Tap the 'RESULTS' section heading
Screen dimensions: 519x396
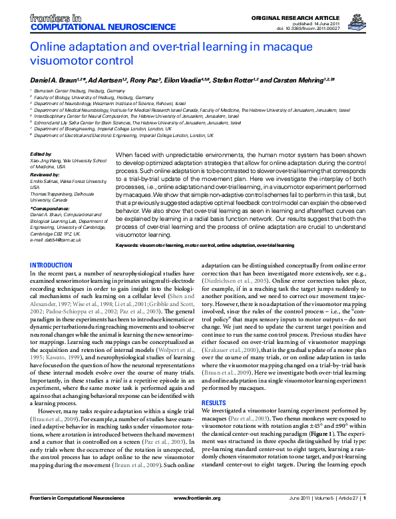(x=214, y=385)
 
